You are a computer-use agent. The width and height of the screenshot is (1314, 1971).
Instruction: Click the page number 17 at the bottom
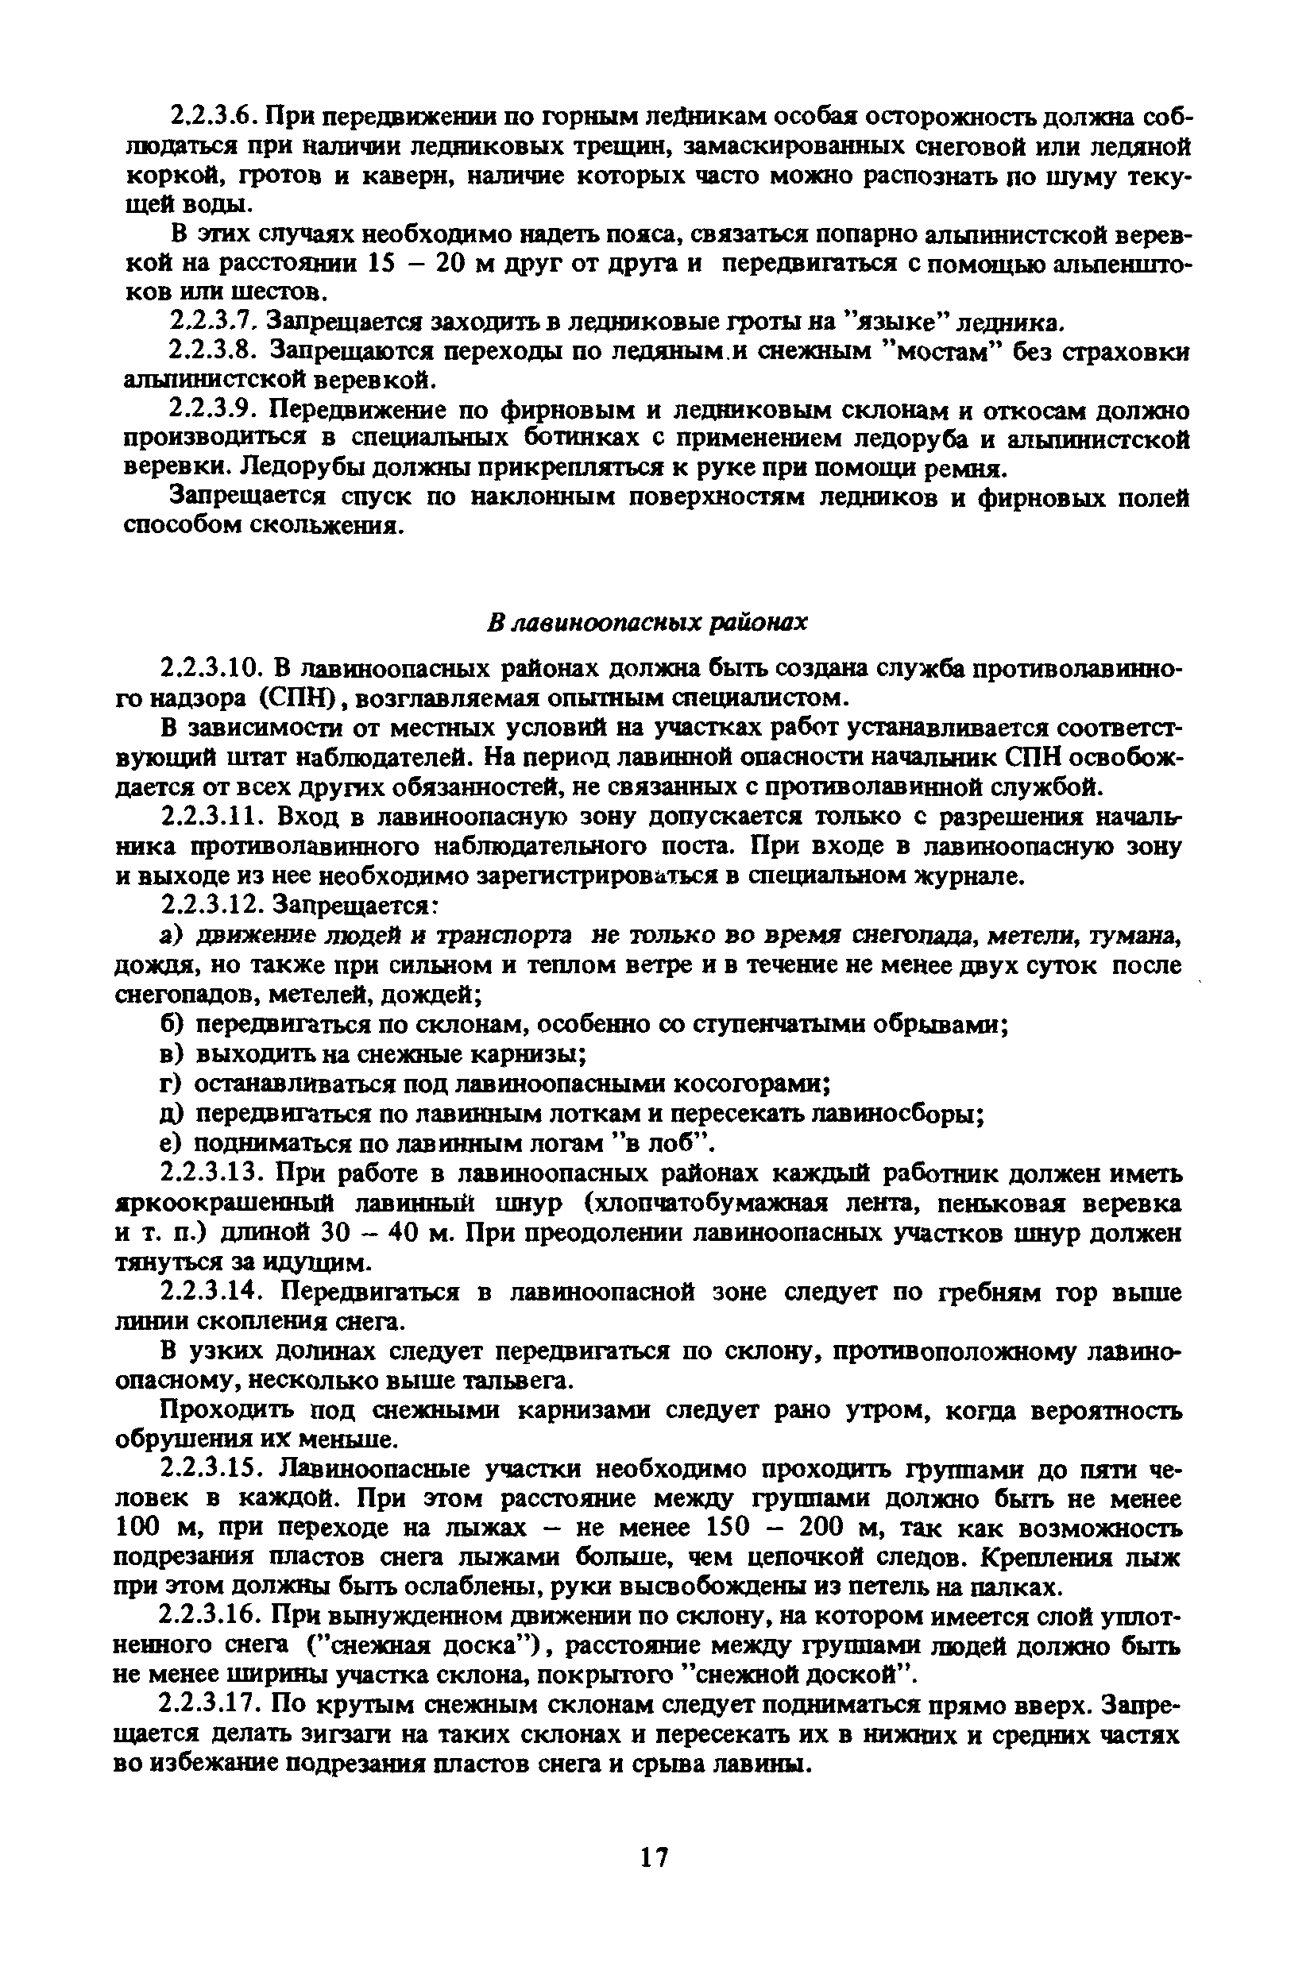654,1858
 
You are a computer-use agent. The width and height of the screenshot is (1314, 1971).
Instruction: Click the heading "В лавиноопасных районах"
647,622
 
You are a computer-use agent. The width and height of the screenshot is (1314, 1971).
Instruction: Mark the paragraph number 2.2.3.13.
212,1173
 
